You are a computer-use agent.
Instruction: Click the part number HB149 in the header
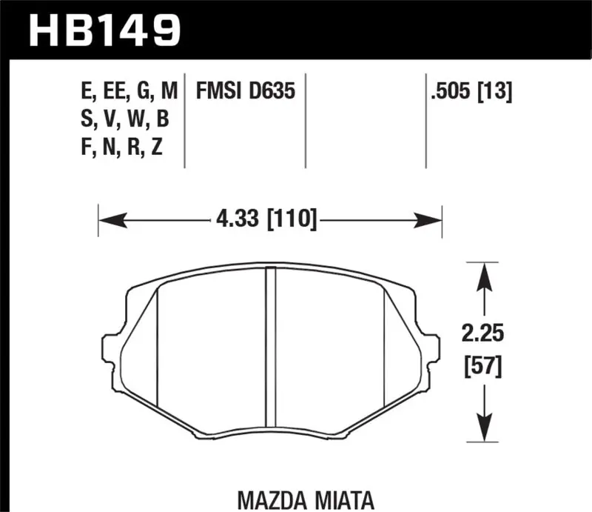[104, 30]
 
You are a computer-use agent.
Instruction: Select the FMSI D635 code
[246, 92]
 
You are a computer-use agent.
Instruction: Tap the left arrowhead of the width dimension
[111, 220]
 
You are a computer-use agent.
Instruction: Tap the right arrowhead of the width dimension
[429, 220]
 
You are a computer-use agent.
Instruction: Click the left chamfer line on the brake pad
[159, 345]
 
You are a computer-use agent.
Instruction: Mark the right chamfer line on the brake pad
[383, 345]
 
